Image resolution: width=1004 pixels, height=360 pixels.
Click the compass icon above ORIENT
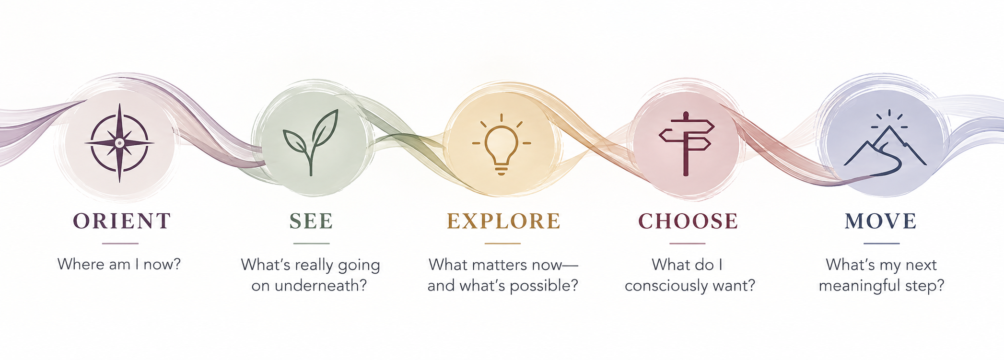[x=119, y=142]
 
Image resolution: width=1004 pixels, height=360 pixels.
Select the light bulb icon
[x=501, y=144]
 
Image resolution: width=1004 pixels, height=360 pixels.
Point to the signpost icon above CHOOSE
[x=686, y=144]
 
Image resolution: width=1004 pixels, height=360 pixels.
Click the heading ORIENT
[x=122, y=221]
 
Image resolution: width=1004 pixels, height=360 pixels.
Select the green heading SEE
[x=311, y=221]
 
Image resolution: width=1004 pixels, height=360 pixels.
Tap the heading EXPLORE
[x=503, y=221]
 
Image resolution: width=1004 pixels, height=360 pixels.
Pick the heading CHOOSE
[x=688, y=221]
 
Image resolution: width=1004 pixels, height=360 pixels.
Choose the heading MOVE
[x=881, y=221]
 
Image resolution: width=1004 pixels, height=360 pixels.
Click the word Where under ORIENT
[x=75, y=264]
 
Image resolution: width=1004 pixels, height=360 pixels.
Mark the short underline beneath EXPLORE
[x=502, y=244]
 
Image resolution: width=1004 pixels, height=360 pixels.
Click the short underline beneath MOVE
[x=881, y=244]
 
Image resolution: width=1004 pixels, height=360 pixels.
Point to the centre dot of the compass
[x=119, y=142]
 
